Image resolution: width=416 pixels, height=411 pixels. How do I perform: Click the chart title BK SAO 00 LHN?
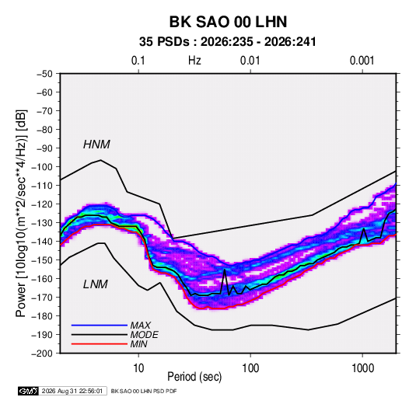[228, 22]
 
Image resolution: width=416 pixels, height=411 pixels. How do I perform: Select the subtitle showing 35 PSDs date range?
[228, 42]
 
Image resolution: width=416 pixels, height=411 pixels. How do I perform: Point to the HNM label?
[96, 145]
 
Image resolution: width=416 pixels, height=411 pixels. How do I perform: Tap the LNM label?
[96, 284]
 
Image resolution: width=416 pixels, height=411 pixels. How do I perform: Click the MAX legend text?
[141, 326]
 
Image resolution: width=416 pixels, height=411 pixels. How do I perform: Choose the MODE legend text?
[145, 335]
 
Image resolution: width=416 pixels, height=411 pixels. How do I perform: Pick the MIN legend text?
[139, 344]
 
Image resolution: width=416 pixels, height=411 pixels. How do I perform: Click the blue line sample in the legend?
[100, 326]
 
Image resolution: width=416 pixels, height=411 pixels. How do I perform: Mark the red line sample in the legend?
[100, 344]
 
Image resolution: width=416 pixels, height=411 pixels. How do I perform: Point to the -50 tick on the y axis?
[44, 74]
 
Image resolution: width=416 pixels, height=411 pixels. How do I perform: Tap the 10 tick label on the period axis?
[138, 368]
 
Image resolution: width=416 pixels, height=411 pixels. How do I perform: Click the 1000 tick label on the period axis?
[362, 368]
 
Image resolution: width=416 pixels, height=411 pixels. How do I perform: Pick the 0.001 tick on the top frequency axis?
[362, 61]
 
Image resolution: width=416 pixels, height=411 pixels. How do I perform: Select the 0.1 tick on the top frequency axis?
[138, 61]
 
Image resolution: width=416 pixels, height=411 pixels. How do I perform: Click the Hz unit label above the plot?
[194, 61]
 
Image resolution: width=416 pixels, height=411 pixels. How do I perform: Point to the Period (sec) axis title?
[194, 377]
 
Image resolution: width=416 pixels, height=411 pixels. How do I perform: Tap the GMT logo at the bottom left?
[28, 391]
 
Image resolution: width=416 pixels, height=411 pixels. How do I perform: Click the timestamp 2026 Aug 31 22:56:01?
[72, 391]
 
